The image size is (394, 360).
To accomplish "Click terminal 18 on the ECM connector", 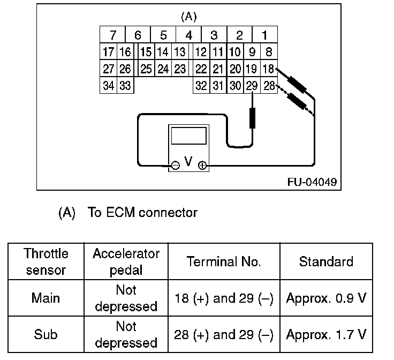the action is click(x=269, y=69).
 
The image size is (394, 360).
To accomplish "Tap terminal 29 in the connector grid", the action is click(x=252, y=85).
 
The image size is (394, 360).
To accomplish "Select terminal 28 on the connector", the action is click(x=269, y=85).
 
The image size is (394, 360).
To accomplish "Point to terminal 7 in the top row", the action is click(x=112, y=34).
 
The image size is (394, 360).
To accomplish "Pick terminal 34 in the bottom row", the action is click(x=108, y=85).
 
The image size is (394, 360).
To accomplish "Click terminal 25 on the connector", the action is click(x=146, y=69).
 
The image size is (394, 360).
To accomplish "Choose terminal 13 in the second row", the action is click(x=180, y=51).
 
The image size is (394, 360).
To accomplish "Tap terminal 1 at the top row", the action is click(x=265, y=34).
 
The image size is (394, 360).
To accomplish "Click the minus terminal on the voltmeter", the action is click(x=176, y=166).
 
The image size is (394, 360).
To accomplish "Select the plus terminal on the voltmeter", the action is click(x=202, y=166).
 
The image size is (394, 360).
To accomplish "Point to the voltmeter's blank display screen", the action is click(x=189, y=136).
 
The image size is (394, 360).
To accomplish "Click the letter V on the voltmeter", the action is click(x=188, y=161).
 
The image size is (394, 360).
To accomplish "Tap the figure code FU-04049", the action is click(x=312, y=182).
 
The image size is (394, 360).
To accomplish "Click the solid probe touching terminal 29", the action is click(x=252, y=118).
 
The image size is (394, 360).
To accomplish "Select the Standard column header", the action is click(x=326, y=261).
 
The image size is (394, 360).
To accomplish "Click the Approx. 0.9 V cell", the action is click(x=326, y=298).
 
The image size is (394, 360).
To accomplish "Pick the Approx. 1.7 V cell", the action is click(x=326, y=335).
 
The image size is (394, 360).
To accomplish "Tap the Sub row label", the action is click(x=46, y=335).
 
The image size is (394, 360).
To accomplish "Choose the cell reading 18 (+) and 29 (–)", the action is click(x=224, y=298).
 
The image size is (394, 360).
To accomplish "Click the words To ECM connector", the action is click(x=142, y=213).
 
